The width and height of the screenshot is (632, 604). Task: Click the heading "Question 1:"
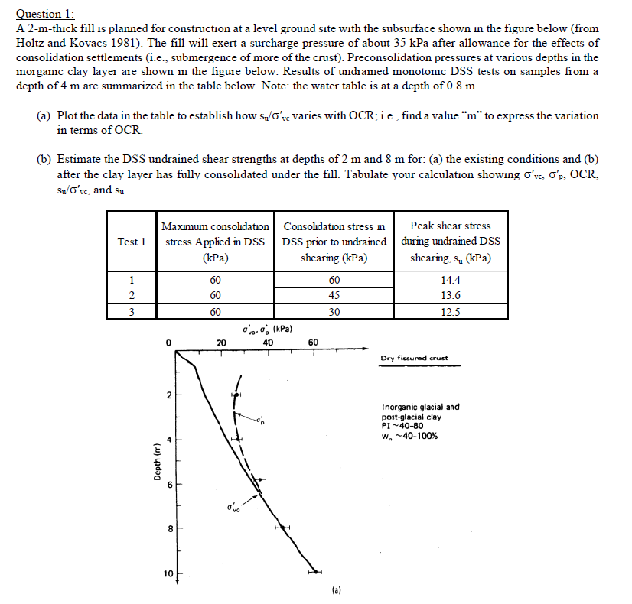pos(46,13)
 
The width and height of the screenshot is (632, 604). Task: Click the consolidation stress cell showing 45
pos(334,296)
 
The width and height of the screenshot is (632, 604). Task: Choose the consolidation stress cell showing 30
pos(334,311)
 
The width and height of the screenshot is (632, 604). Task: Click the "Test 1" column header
pos(132,242)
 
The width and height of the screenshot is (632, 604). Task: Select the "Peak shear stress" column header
pos(450,226)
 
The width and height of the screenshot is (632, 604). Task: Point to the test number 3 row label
pos(132,311)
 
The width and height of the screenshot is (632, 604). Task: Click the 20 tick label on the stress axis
pos(220,343)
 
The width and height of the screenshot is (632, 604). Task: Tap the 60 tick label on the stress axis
pos(312,343)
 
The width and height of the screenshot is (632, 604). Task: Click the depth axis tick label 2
pos(170,395)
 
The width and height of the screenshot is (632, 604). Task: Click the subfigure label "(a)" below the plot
pos(337,590)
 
